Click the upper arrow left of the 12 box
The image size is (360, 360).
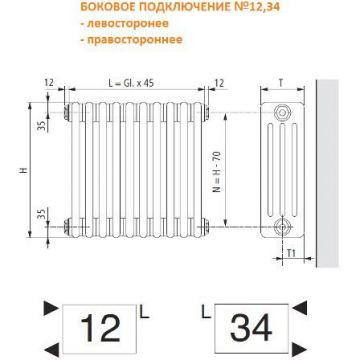pos(44,306)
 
